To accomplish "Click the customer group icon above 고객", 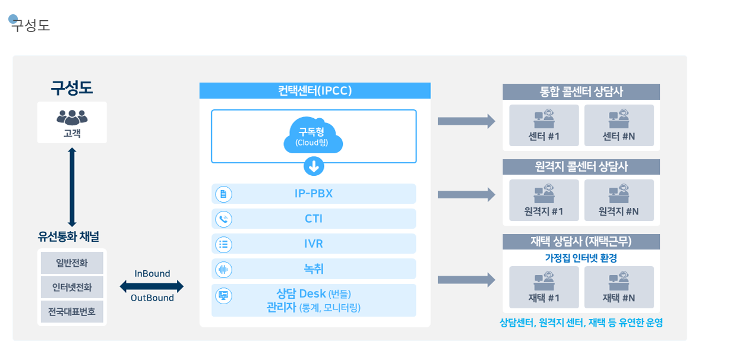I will (72, 117).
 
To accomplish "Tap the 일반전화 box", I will (72, 263).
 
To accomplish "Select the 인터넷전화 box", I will (72, 287).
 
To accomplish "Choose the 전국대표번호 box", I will (72, 311).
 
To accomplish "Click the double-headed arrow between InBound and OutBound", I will (151, 286).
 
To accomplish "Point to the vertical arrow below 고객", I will (72, 187).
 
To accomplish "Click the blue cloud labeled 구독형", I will (314, 135).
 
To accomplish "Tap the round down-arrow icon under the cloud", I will (314, 166).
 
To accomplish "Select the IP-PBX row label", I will (314, 194).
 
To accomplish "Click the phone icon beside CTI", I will (224, 219).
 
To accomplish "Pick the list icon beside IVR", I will (224, 244).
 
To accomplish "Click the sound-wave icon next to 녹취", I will (224, 269).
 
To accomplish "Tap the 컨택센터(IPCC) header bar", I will (315, 90).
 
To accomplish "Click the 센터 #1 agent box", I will (544, 125).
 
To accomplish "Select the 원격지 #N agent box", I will (619, 200).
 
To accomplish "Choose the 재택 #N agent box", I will (619, 287).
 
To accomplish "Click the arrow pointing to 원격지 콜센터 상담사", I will (466, 195).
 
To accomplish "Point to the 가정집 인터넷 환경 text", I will (581, 258).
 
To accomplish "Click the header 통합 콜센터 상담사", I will (581, 91).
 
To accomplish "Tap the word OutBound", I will (152, 298).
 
